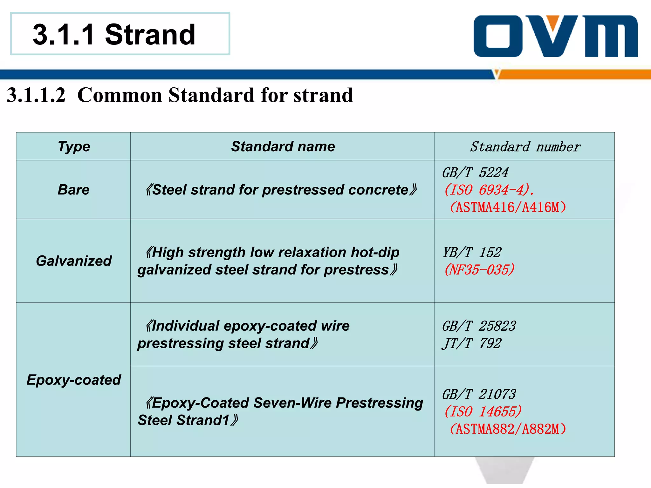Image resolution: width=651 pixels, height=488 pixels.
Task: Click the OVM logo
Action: point(555,36)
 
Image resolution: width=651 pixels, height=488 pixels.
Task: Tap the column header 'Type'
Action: point(74,146)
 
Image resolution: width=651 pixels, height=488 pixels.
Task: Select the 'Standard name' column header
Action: point(283,146)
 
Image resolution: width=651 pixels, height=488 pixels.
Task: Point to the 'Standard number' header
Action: point(525,147)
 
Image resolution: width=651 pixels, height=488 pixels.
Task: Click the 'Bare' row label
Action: point(74,190)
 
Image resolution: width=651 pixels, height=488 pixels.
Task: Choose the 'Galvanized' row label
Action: point(74,261)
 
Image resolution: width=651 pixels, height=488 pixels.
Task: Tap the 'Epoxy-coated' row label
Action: point(74,380)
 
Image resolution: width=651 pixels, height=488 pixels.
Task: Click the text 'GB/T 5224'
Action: point(475,173)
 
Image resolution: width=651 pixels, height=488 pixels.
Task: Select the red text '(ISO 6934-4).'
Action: point(489,190)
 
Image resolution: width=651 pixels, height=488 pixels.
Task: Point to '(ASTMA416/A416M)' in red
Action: point(508,207)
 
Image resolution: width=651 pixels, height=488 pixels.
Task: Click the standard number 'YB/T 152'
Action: point(472,253)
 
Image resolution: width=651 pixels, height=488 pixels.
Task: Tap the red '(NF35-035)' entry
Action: point(479,270)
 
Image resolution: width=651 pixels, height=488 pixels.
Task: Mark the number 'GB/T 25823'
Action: point(479,326)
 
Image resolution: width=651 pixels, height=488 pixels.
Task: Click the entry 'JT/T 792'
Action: point(472,343)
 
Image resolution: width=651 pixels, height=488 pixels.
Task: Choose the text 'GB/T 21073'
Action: point(479,394)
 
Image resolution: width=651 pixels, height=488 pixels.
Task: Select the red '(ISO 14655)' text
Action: point(483,411)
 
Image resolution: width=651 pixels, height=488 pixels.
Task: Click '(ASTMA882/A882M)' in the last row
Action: point(508,429)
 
